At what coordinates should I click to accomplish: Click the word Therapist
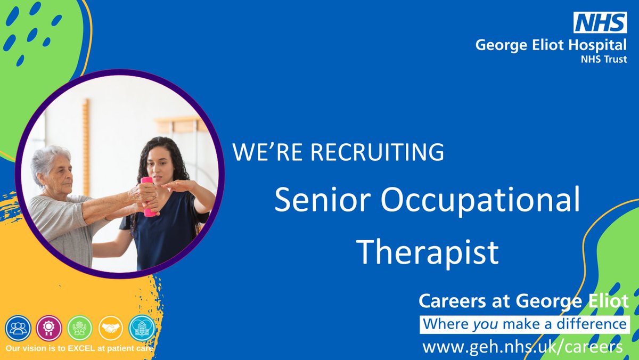tap(428, 252)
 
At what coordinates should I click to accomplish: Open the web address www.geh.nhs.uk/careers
tap(522, 347)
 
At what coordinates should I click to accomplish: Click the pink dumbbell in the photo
tap(148, 197)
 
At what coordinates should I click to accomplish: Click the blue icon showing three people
tap(18, 328)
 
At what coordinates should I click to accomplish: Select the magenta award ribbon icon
tap(49, 328)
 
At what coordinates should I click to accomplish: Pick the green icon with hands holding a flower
tap(80, 328)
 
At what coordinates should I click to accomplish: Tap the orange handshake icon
tap(111, 328)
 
